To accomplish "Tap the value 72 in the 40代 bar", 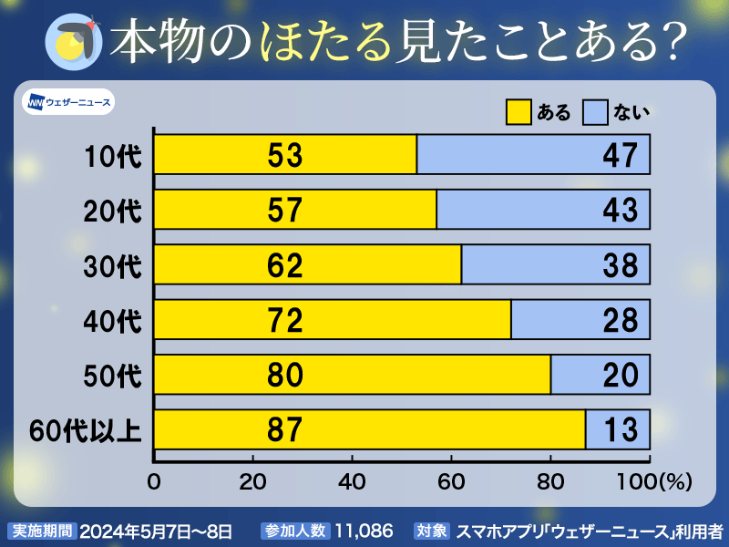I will pyautogui.click(x=284, y=320).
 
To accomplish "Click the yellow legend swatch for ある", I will pyautogui.click(x=518, y=112).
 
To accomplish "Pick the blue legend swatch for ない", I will pyautogui.click(x=594, y=112).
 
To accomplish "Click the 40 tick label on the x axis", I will pyautogui.click(x=352, y=480).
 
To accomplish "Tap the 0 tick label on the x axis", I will pyautogui.click(x=154, y=480).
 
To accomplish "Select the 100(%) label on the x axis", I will pyautogui.click(x=659, y=480).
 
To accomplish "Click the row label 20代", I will pyautogui.click(x=113, y=210).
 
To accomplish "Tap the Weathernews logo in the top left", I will pyautogui.click(x=69, y=101).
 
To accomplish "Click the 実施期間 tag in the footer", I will pyautogui.click(x=42, y=530).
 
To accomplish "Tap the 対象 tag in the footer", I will pyautogui.click(x=432, y=530).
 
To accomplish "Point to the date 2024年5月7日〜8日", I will pyautogui.click(x=156, y=530).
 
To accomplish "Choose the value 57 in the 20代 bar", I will pyautogui.click(x=284, y=210).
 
